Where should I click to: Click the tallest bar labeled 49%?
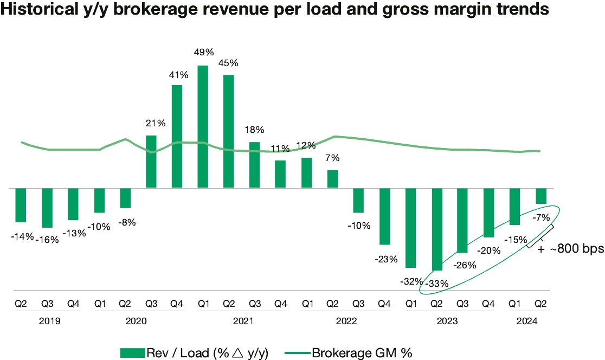pyautogui.click(x=203, y=127)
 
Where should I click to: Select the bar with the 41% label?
pyautogui.click(x=177, y=137)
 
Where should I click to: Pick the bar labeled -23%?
pyautogui.click(x=385, y=216)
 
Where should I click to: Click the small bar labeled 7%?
pyautogui.click(x=332, y=179)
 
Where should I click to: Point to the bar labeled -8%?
pyautogui.click(x=125, y=198)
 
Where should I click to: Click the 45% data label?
pyautogui.click(x=228, y=63)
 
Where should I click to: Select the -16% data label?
pyautogui.click(x=47, y=240)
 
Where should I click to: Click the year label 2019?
pyautogui.click(x=49, y=321)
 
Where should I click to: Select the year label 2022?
pyautogui.click(x=346, y=321)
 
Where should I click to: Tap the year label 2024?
pyautogui.click(x=526, y=321)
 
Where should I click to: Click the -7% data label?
pyautogui.click(x=541, y=217)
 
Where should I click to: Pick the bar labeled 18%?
pyautogui.click(x=254, y=165)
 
